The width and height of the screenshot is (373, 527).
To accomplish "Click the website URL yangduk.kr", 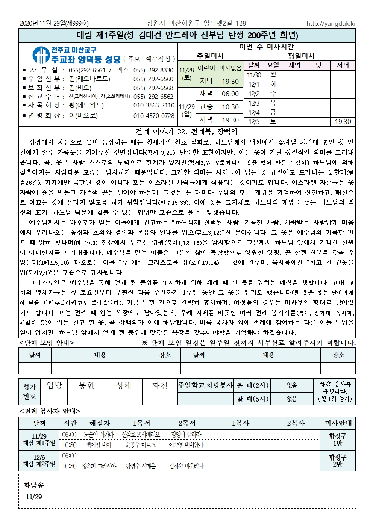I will point(331,23).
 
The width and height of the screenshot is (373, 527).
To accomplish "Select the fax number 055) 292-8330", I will point(153,70).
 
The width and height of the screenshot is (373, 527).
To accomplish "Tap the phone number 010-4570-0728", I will point(154,116).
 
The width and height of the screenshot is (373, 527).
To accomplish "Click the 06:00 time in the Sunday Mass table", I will point(230,94).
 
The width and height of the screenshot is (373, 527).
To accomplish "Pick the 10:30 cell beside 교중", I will point(230,107).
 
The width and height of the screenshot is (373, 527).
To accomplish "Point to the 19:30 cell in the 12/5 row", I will point(343,122).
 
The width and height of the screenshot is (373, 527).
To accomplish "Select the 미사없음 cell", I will point(230,68).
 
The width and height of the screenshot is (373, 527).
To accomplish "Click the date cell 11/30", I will point(254,75).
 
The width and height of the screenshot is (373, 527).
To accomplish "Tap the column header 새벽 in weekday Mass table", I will point(294,65).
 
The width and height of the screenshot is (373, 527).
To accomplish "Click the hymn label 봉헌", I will point(86,385).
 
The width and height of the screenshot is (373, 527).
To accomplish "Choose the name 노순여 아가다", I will point(99,435).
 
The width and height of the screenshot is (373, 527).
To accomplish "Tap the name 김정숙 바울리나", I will point(186,466).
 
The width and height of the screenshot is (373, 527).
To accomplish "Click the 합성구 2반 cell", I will point(338,461).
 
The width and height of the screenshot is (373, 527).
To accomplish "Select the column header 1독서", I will point(141,423).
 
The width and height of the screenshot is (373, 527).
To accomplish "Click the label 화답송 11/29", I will point(34,491).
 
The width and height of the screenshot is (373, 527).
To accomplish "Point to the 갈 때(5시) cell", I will point(252,399).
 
